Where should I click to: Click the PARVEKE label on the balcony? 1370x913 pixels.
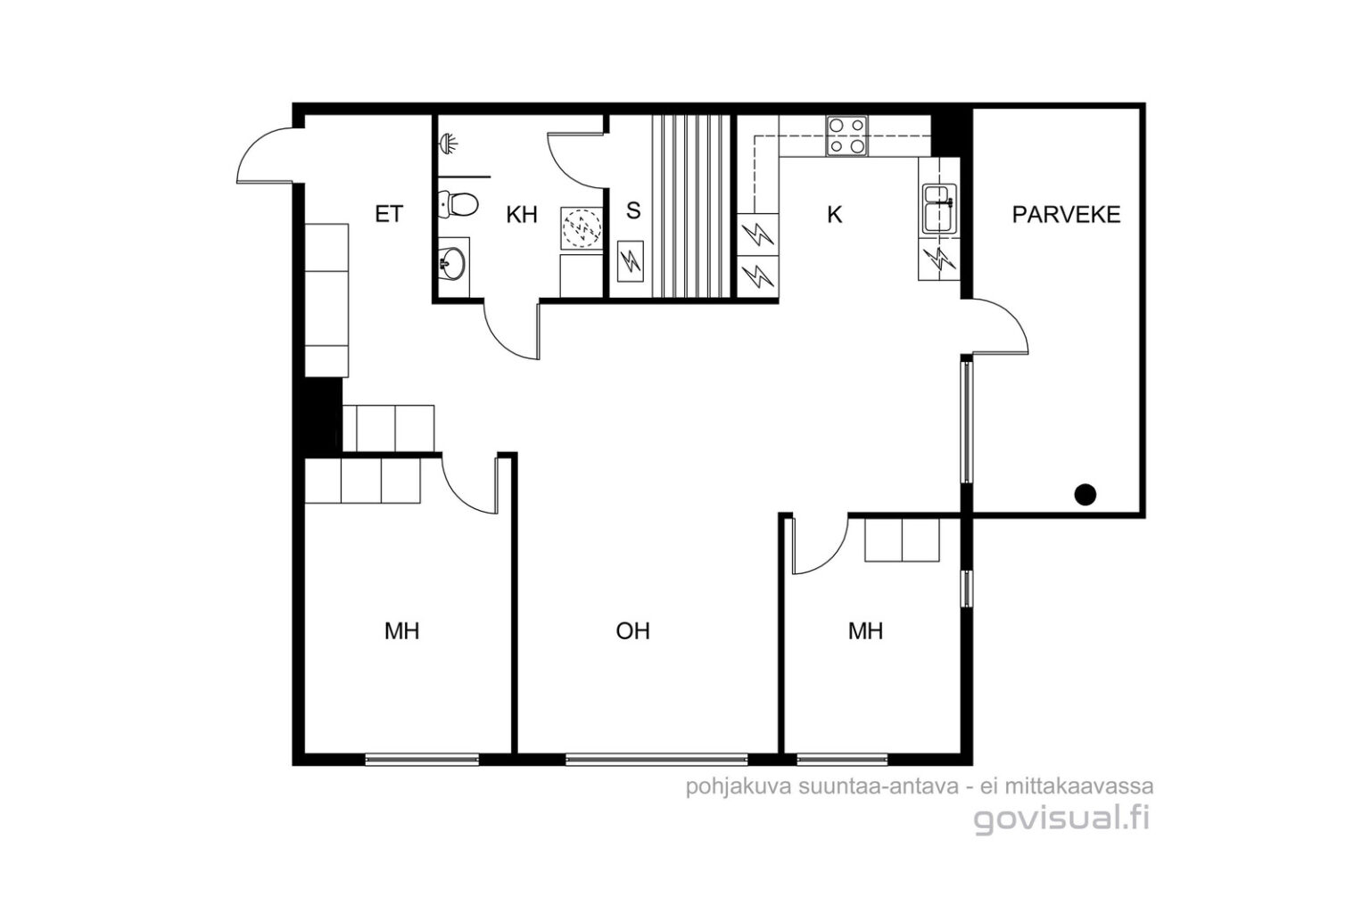pyautogui.click(x=1066, y=215)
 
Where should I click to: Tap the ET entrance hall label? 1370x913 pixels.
pyautogui.click(x=389, y=214)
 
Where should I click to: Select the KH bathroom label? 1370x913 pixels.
pyautogui.click(x=522, y=215)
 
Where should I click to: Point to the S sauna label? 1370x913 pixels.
pyautogui.click(x=633, y=211)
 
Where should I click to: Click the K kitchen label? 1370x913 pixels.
pyautogui.click(x=834, y=215)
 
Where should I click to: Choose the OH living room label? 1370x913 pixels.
pyautogui.click(x=632, y=631)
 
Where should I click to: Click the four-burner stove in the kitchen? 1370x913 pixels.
pyautogui.click(x=847, y=136)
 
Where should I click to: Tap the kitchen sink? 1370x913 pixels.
pyautogui.click(x=940, y=209)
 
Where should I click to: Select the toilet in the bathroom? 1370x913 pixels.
pyautogui.click(x=458, y=204)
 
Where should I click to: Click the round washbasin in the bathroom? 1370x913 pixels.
pyautogui.click(x=452, y=264)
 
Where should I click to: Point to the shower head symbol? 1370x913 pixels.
pyautogui.click(x=449, y=143)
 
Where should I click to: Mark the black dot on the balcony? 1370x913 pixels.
pyautogui.click(x=1085, y=494)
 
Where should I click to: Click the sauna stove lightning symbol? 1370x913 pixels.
pyautogui.click(x=630, y=261)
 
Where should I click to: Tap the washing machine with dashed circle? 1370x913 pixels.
pyautogui.click(x=581, y=228)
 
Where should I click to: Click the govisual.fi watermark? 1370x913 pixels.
pyautogui.click(x=1061, y=818)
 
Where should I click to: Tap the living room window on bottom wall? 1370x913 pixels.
pyautogui.click(x=656, y=760)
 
